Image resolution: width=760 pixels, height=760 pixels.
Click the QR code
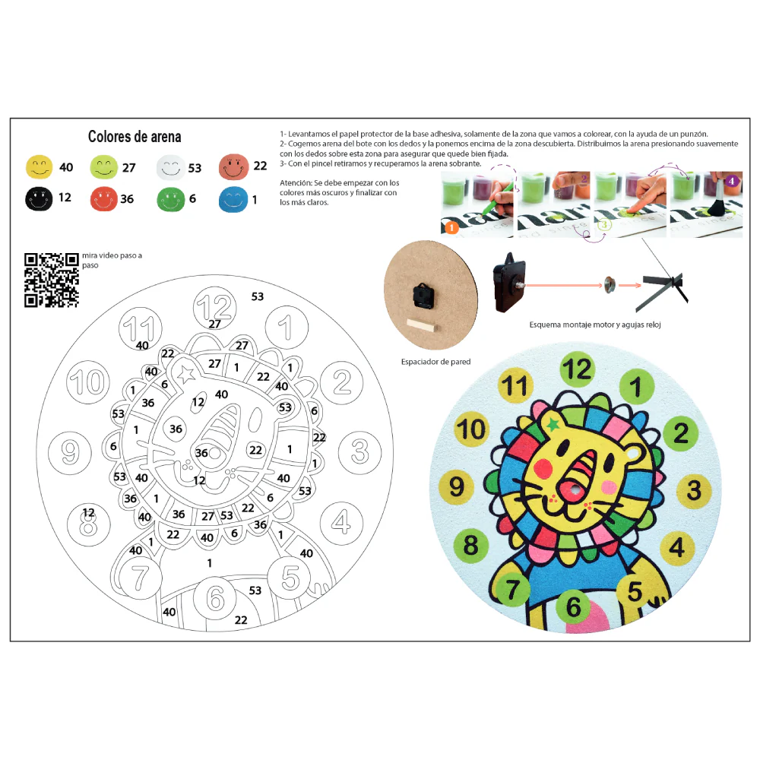52,280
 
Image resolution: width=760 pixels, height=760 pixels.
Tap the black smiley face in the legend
39,198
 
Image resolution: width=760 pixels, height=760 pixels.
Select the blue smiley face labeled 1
233,200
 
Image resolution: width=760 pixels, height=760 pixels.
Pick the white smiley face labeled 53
170,168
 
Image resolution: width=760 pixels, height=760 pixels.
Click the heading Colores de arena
135,137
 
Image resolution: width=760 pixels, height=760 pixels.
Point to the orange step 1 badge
451,227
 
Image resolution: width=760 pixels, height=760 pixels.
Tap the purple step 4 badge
731,181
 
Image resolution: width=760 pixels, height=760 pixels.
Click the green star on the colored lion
553,425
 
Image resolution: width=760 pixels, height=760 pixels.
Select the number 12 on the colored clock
578,369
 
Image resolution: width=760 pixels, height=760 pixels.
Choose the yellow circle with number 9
457,486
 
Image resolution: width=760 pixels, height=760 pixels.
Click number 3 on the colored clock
694,489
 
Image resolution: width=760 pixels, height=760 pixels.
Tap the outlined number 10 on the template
88,382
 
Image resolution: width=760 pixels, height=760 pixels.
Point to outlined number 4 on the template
341,523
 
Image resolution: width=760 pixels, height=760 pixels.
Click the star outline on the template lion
187,374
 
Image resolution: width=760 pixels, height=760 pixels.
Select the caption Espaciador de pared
435,362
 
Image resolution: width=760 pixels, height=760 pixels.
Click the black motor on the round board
423,296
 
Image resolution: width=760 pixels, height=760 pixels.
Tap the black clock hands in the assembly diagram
662,290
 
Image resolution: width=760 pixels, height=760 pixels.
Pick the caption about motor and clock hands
595,325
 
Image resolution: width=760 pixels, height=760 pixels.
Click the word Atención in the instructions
296,182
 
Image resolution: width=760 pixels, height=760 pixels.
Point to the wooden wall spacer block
422,325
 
